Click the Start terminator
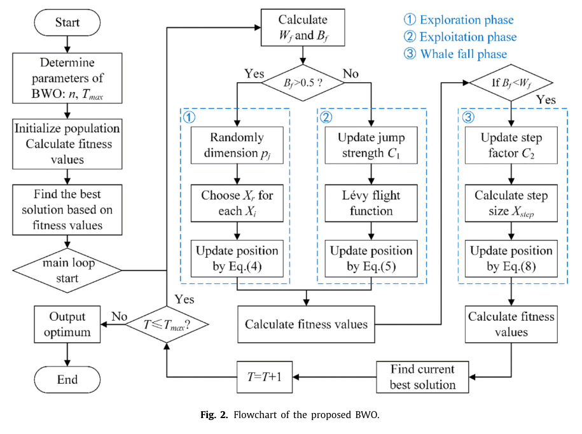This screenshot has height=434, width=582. (67, 22)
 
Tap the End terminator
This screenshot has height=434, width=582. (67, 379)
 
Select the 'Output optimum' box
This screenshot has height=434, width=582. (67, 324)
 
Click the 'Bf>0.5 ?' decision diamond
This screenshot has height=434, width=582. (303, 83)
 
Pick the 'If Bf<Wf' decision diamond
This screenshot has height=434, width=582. (511, 83)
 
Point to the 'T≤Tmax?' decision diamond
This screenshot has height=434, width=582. (167, 324)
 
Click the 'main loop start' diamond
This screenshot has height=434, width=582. (67, 270)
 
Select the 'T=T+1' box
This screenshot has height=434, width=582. (265, 377)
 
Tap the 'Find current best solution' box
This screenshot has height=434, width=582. (422, 377)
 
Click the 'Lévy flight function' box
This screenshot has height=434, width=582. (371, 203)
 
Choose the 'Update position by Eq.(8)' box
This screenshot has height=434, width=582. (511, 258)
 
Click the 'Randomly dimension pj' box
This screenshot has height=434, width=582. (237, 145)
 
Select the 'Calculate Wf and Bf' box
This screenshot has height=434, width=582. (303, 27)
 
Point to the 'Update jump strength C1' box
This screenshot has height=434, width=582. (371, 145)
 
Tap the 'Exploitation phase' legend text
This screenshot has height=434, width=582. (468, 37)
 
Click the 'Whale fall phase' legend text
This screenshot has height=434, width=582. (464, 54)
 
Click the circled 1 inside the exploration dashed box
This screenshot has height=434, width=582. (189, 117)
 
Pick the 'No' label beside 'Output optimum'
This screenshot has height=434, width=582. (120, 316)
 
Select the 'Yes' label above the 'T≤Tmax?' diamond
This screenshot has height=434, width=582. (184, 299)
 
